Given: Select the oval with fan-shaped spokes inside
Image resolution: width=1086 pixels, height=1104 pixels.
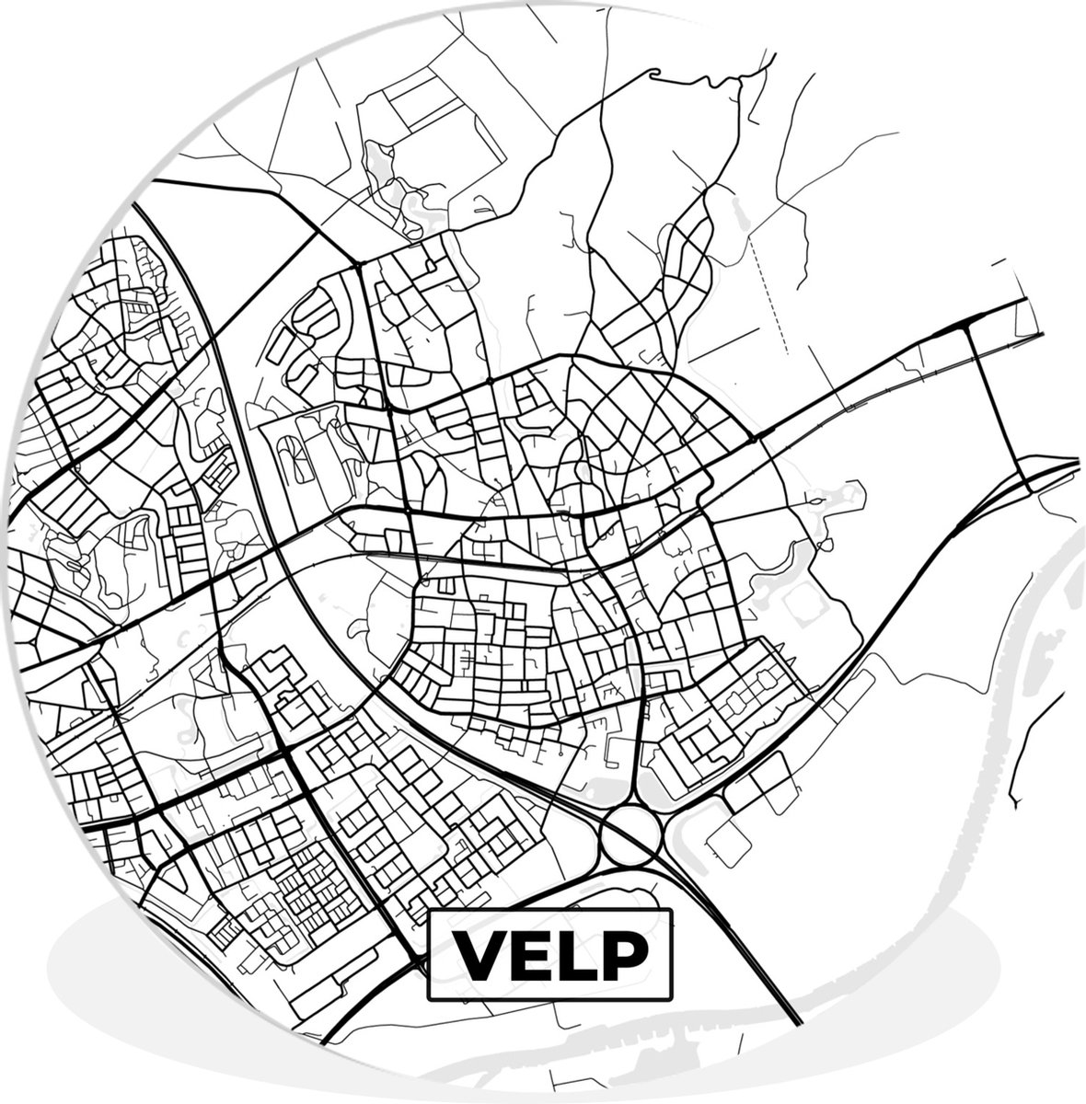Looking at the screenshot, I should coord(295,457).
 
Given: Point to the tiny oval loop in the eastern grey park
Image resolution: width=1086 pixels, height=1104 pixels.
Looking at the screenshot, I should coord(814,500).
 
